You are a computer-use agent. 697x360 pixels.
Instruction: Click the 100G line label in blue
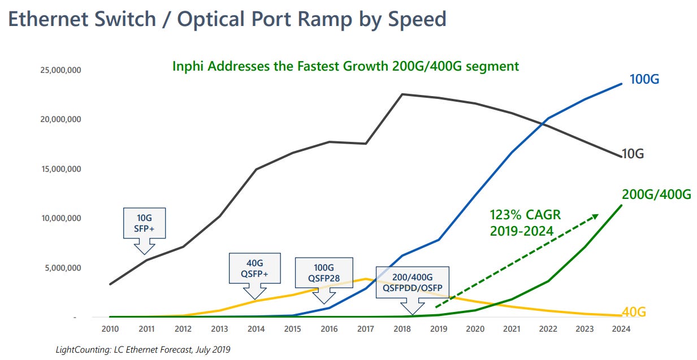pos(644,79)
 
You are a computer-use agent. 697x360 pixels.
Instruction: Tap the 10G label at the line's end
pos(633,154)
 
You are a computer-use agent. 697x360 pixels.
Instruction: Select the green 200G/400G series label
pos(656,195)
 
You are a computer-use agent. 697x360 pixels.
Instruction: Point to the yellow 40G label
pos(634,312)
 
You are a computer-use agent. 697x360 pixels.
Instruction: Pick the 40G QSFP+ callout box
pos(254,268)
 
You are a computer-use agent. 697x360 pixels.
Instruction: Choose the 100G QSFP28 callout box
pos(324,272)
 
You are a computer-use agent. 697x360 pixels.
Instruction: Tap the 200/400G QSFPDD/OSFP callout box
pos(412,281)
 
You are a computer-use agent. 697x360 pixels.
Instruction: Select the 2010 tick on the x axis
pos(110,329)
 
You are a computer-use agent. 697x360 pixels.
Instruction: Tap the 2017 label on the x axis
pos(366,329)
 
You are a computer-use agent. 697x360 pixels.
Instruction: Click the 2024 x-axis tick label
pos(621,329)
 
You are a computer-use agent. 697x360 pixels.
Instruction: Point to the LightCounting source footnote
pos(142,350)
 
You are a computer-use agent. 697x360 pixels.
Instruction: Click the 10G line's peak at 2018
pos(402,94)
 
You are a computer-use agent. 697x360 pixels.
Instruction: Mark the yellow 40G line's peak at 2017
pos(366,279)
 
